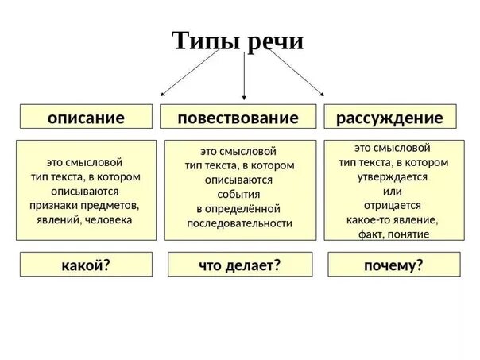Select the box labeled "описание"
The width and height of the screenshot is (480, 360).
pyautogui.click(x=87, y=118)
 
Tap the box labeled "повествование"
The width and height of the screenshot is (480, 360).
pyautogui.click(x=238, y=118)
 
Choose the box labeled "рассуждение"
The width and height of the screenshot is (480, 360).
pyautogui.click(x=389, y=118)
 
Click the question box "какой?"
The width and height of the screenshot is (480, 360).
pyautogui.click(x=85, y=265)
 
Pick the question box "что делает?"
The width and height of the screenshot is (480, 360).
pyautogui.click(x=240, y=265)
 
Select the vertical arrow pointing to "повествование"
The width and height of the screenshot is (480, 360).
pyautogui.click(x=243, y=79)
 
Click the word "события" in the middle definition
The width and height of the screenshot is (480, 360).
pyautogui.click(x=239, y=195)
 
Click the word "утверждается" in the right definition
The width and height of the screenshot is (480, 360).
pyautogui.click(x=392, y=176)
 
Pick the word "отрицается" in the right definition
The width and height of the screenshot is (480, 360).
pyautogui.click(x=392, y=205)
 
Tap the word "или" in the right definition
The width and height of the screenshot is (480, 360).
pyautogui.click(x=392, y=191)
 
